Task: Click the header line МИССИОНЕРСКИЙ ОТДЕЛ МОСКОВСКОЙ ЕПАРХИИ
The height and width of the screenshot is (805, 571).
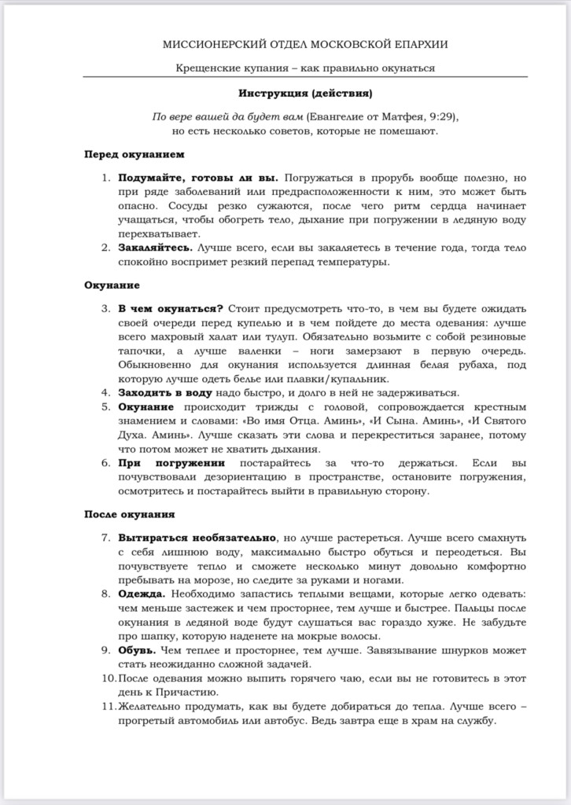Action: (305, 46)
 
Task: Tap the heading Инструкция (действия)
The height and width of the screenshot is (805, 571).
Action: (305, 94)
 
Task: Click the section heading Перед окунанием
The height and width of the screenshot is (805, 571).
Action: (134, 154)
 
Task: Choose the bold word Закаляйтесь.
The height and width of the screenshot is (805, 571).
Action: (155, 248)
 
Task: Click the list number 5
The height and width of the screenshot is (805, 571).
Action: (106, 406)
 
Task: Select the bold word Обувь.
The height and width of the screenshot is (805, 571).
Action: (138, 650)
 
